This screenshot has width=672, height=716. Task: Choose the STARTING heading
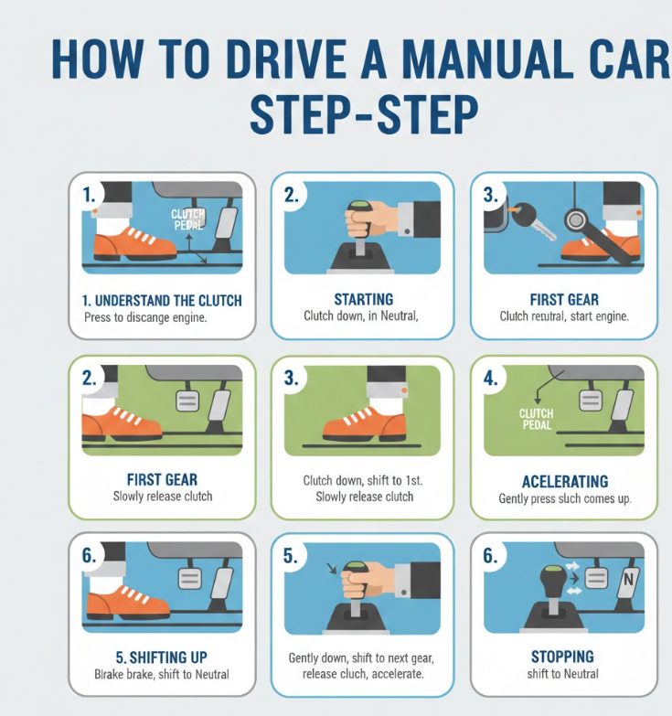coord(363,299)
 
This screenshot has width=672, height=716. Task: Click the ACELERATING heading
coord(565,481)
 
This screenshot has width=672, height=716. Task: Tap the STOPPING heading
coord(562,657)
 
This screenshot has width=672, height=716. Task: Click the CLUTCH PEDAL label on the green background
coord(537,419)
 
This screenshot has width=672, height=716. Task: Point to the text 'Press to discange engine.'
coord(145,317)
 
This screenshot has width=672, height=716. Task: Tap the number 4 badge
coord(491,379)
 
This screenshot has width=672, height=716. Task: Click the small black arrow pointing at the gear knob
coord(332,568)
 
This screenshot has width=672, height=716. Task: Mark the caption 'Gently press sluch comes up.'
coord(565,498)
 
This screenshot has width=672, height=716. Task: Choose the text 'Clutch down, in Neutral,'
coord(361,315)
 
